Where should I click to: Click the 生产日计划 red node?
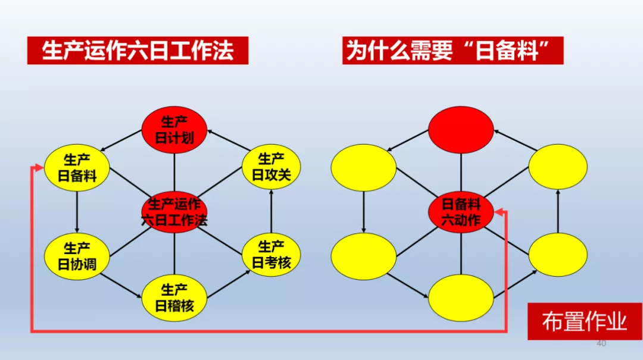coord(174,130)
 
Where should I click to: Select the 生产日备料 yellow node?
coord(77,168)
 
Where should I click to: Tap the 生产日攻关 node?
coord(271,167)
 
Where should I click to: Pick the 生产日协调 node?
coord(77,256)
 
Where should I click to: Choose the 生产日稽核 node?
coord(174,298)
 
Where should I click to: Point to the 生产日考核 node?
coord(271,255)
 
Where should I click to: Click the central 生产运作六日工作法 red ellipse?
coord(174,212)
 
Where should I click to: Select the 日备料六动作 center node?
coord(461,212)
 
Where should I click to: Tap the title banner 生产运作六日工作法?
coord(138,51)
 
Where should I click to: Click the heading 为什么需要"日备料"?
coord(452,51)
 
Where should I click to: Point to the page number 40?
coord(601,343)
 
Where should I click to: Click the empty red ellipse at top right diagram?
coord(461,130)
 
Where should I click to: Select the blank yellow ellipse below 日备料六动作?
coord(461,298)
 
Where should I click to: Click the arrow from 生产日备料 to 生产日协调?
coord(77,212)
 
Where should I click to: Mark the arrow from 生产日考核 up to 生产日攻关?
coord(271,211)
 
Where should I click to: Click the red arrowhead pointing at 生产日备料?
coord(39,168)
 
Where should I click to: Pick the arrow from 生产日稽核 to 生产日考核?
coord(229,284)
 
